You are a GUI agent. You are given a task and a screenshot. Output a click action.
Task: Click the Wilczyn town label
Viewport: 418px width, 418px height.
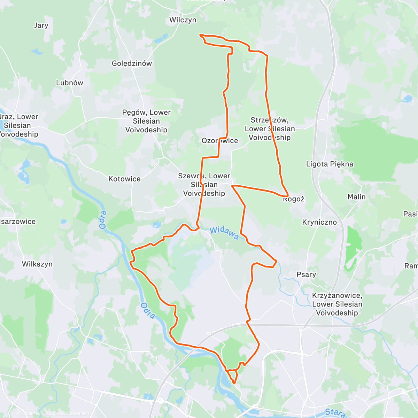[183, 20]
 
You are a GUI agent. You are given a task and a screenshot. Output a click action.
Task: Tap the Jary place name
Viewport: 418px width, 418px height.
[41, 25]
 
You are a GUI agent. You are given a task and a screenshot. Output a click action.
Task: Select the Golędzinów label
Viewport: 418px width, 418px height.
[132, 63]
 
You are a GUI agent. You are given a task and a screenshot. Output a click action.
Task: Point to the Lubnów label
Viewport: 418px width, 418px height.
[70, 83]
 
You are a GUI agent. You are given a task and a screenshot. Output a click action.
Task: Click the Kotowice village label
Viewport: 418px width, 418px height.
[124, 179]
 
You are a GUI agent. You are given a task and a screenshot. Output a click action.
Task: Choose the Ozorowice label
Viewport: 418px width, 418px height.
[220, 141]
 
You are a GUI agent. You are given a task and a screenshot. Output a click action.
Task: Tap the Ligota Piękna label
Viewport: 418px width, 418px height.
[330, 164]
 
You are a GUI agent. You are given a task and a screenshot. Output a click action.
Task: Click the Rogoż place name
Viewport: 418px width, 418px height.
[294, 199]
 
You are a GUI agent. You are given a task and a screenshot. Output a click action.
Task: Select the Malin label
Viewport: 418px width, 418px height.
[356, 197]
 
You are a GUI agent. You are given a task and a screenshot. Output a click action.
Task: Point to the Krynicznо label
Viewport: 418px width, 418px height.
[319, 222]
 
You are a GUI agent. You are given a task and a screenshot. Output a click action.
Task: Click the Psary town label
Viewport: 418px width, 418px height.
[306, 274]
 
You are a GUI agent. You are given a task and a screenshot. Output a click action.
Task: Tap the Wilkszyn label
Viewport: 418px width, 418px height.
[37, 264]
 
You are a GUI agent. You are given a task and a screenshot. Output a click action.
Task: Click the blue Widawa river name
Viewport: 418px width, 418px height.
[224, 232]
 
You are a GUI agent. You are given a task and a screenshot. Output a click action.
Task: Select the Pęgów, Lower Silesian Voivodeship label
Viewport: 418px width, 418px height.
[146, 121]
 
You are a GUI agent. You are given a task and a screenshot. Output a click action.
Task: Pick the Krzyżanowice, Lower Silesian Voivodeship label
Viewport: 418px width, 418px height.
[337, 304]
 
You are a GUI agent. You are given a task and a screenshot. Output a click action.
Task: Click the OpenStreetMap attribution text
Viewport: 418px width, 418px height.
[73, 413]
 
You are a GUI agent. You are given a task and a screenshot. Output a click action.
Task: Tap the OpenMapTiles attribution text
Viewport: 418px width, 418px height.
[37, 413]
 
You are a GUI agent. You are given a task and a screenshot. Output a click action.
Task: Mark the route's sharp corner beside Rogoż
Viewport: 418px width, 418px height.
[288, 195]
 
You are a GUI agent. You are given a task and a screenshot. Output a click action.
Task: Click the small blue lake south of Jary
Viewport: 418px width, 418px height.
[37, 52]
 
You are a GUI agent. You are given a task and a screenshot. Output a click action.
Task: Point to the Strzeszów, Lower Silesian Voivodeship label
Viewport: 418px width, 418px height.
[270, 129]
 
